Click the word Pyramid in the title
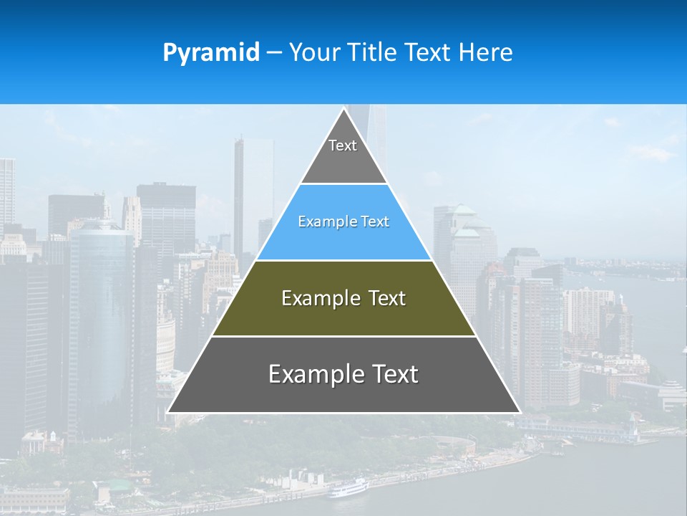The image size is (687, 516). click(x=211, y=53)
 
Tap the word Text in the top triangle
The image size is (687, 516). click(x=343, y=145)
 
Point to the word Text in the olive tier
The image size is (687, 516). click(x=387, y=298)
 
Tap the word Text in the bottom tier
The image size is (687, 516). click(x=394, y=374)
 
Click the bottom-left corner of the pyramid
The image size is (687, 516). click(x=168, y=412)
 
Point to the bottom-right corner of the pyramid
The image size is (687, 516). click(x=520, y=412)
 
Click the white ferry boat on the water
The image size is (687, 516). click(x=349, y=489)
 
